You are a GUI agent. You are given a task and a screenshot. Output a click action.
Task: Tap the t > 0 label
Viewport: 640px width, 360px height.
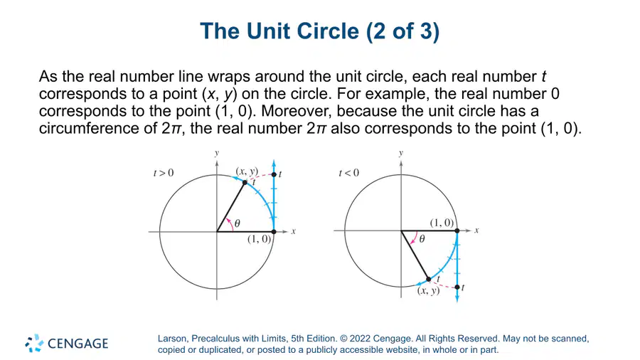(x=164, y=173)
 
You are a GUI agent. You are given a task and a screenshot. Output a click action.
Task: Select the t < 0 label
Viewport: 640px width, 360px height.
(x=349, y=173)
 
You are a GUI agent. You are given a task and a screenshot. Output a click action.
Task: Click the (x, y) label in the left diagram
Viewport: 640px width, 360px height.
(x=247, y=171)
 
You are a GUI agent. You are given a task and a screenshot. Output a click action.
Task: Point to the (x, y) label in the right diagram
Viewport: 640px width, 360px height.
(x=429, y=290)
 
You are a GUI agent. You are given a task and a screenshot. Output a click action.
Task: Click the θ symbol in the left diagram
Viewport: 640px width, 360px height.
(x=237, y=223)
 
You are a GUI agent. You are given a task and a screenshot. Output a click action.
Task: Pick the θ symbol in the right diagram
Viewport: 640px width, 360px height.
(x=422, y=239)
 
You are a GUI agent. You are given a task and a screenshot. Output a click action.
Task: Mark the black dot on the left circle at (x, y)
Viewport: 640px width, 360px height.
(x=245, y=182)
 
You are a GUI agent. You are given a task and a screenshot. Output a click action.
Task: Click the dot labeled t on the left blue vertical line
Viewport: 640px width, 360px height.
(x=274, y=175)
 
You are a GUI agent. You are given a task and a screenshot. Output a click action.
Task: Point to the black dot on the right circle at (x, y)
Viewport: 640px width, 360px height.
(x=429, y=280)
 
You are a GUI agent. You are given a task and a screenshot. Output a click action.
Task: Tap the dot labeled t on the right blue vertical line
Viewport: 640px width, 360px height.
(x=457, y=287)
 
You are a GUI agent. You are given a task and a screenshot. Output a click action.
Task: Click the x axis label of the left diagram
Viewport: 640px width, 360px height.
(x=293, y=231)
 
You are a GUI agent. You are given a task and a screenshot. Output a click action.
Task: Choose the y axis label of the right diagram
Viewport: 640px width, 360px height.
(x=401, y=154)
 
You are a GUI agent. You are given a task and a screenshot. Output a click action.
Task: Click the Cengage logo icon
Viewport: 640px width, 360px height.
(x=34, y=343)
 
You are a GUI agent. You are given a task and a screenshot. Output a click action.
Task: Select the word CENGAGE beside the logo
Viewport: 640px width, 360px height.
(x=78, y=344)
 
